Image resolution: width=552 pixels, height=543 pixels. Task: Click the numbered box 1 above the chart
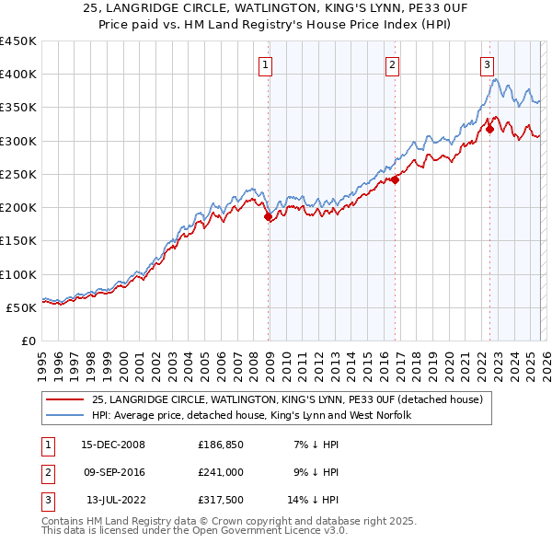pyautogui.click(x=265, y=64)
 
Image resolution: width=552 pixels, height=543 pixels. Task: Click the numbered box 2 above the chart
pyautogui.click(x=393, y=64)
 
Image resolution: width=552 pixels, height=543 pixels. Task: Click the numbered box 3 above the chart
pyautogui.click(x=487, y=64)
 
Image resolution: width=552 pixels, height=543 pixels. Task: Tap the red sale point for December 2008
pyautogui.click(x=269, y=217)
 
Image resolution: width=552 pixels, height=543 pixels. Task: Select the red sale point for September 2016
pyautogui.click(x=395, y=180)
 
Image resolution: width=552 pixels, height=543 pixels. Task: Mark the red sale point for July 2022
pyautogui.click(x=489, y=130)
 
